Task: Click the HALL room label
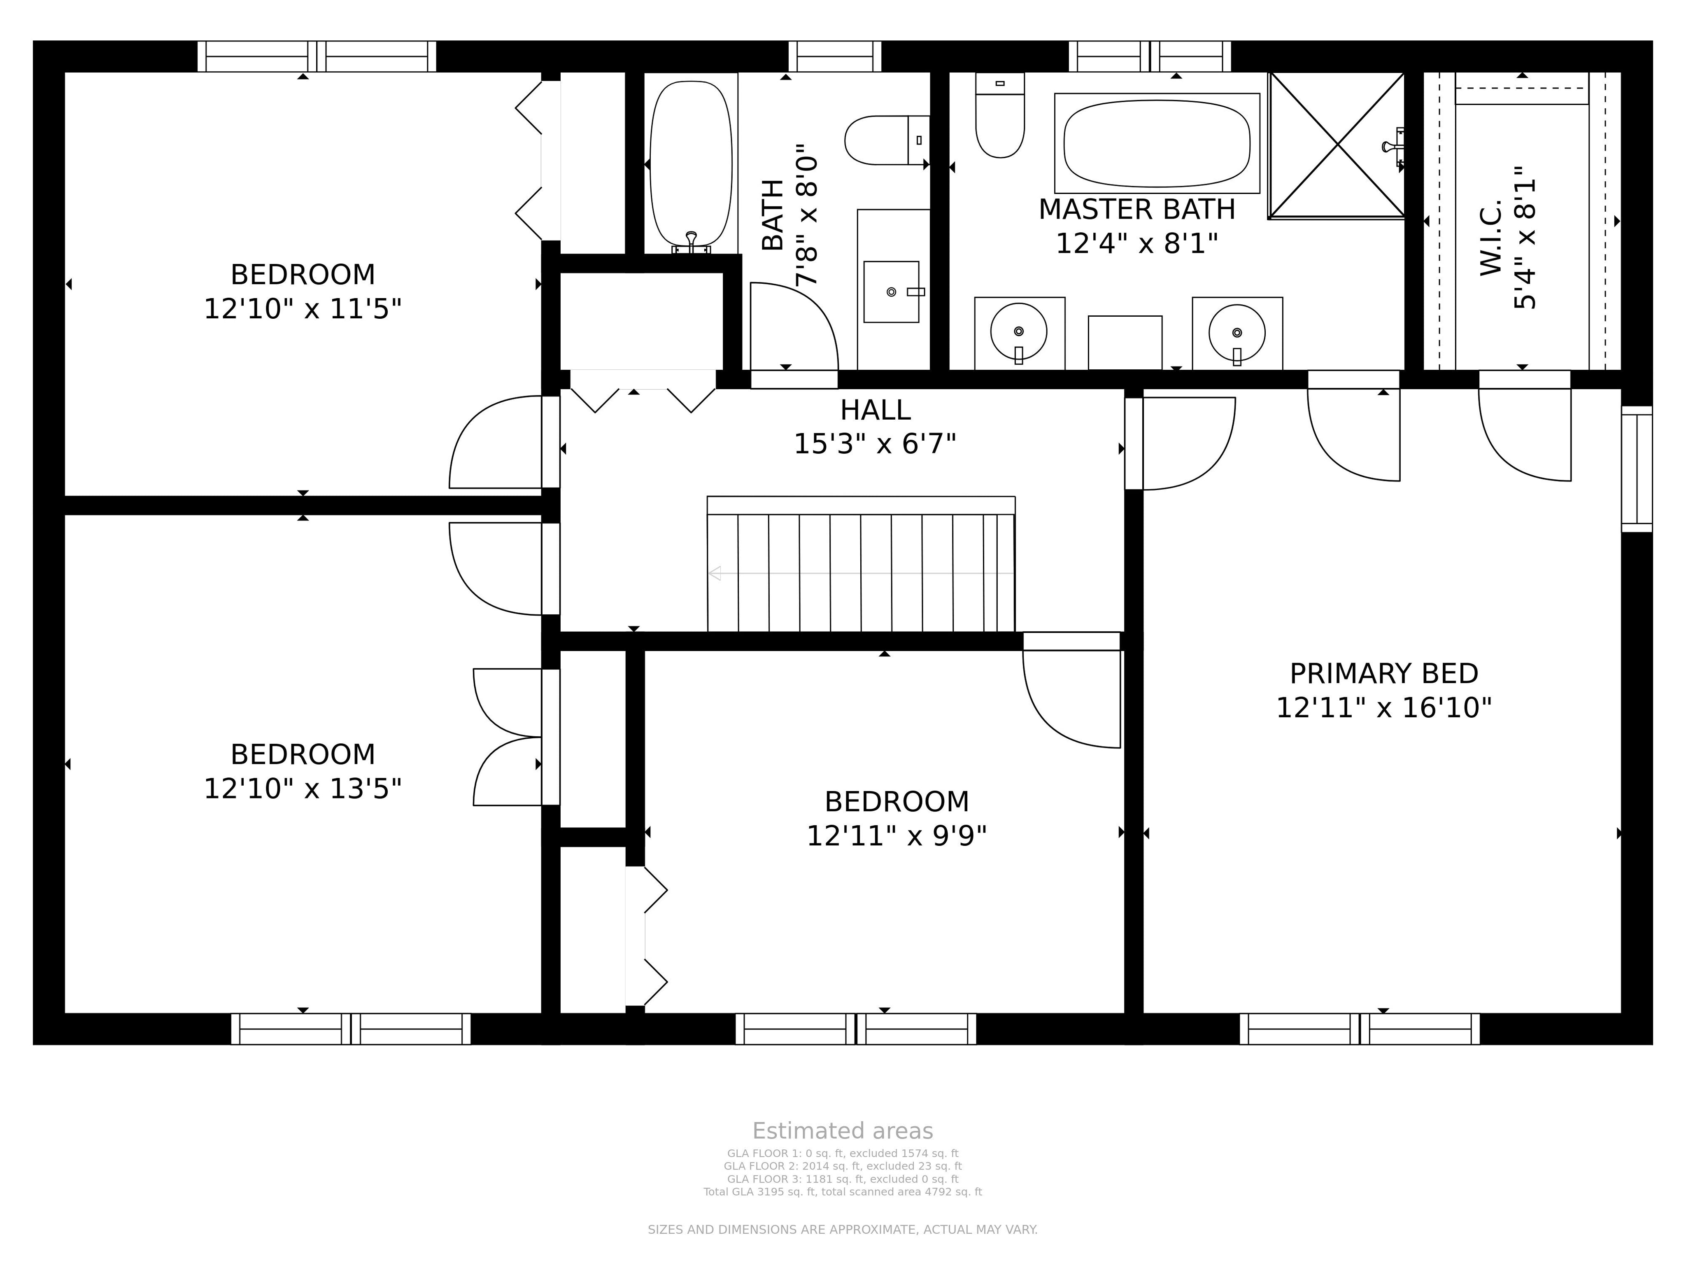[x=875, y=410]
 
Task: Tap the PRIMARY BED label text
[x=1383, y=674]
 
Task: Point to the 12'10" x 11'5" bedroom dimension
[x=303, y=309]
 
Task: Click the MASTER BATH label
[x=1136, y=210]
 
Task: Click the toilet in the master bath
[x=1000, y=115]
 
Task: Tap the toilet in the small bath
[x=887, y=140]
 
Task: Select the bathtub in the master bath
[x=1157, y=143]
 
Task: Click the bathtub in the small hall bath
[x=692, y=164]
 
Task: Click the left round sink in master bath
[x=1019, y=331]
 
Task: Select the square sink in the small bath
[x=891, y=292]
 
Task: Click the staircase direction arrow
[x=861, y=573]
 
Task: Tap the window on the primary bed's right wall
[x=1637, y=469]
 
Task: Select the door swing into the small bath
[x=794, y=327]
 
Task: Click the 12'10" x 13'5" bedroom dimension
[x=303, y=789]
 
